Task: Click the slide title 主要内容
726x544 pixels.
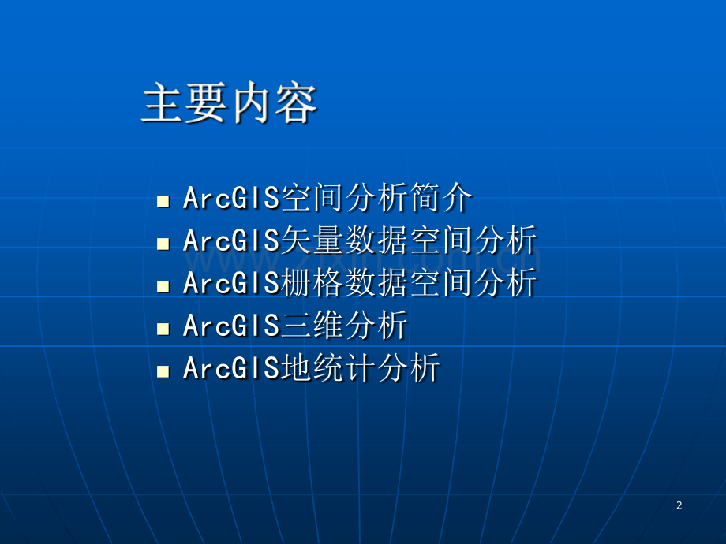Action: point(229,103)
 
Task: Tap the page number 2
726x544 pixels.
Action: point(679,505)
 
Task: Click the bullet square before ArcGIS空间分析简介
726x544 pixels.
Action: point(163,201)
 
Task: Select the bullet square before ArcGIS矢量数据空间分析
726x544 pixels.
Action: point(163,244)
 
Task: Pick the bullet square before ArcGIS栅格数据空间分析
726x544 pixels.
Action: point(163,286)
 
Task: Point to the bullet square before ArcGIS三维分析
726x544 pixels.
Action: point(163,329)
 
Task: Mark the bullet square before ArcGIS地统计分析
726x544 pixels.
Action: point(163,371)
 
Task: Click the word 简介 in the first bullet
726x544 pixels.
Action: point(440,198)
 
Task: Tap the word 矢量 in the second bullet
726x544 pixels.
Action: point(312,240)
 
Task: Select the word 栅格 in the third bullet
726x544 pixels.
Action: point(312,282)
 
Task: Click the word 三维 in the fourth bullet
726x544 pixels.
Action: point(312,325)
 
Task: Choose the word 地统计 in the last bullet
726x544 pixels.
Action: point(328,367)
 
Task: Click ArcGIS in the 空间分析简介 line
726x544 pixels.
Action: point(231,198)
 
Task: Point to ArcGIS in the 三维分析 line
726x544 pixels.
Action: point(231,326)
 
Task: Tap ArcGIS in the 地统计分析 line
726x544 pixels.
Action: point(231,368)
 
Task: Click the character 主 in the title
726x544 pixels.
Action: point(162,103)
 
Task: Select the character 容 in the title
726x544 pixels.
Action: point(297,103)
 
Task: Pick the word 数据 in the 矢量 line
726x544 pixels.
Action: point(376,240)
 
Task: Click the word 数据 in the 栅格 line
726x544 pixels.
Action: point(376,282)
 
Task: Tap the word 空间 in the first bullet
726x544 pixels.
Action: point(312,198)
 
